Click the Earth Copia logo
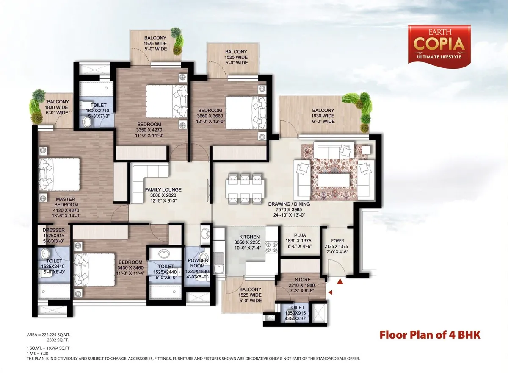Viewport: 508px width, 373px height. point(439,46)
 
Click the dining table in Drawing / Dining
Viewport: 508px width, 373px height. point(245,188)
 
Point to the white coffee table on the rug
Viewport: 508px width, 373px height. point(334,180)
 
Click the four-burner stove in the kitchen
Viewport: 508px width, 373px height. point(272,247)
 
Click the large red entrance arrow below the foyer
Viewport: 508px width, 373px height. point(340,281)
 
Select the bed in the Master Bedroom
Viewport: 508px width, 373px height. point(59,174)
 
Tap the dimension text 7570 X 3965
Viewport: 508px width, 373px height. point(289,209)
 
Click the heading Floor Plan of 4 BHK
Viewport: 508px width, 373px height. point(430,335)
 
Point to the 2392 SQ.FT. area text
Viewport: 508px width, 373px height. point(58,340)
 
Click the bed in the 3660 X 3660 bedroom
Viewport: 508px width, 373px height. point(246,113)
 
